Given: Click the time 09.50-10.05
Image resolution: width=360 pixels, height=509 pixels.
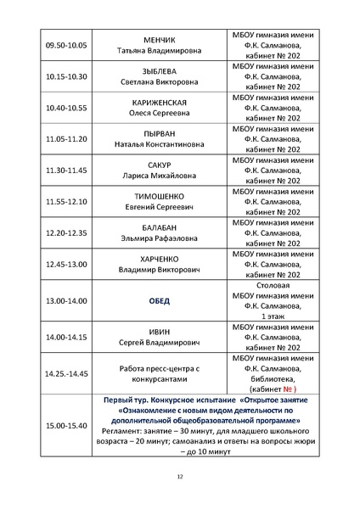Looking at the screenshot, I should pyautogui.click(x=65, y=44).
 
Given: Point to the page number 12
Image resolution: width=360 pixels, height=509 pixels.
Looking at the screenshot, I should pyautogui.click(x=180, y=477).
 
